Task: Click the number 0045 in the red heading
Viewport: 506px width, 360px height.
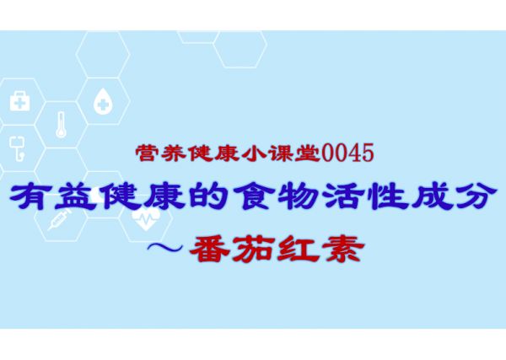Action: tap(347, 153)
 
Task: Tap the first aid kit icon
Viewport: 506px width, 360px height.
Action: tap(20, 101)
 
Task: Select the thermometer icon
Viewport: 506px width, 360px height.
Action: tap(61, 125)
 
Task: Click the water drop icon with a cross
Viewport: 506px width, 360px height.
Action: tap(103, 100)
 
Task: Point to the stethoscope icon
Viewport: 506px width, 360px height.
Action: tap(17, 148)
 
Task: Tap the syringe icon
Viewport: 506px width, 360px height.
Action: tap(59, 219)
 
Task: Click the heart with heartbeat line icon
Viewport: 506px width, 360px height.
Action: tap(146, 218)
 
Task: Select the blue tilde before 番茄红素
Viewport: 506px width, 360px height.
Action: tap(165, 248)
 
